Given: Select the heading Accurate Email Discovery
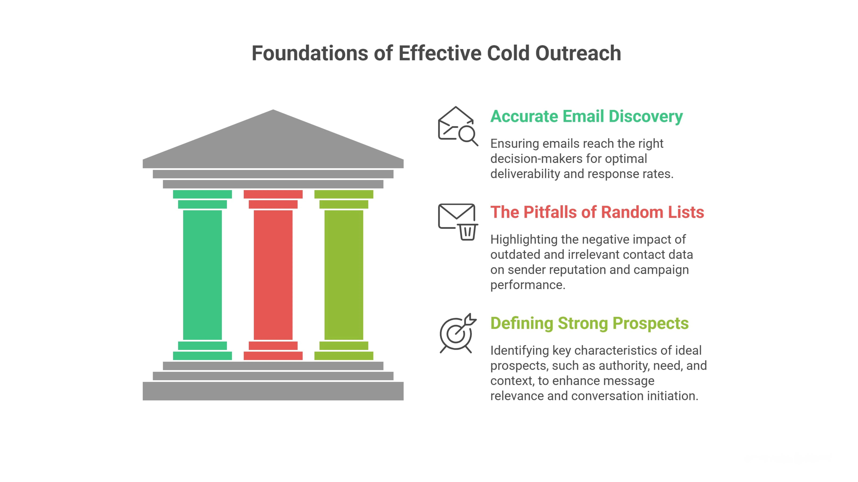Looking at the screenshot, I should coord(586,116).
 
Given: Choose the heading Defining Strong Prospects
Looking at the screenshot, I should coord(589,323).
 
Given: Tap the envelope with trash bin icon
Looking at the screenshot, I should coord(458,221).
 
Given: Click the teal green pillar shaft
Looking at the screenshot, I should coord(202,275).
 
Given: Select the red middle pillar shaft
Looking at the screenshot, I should coord(273,275).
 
